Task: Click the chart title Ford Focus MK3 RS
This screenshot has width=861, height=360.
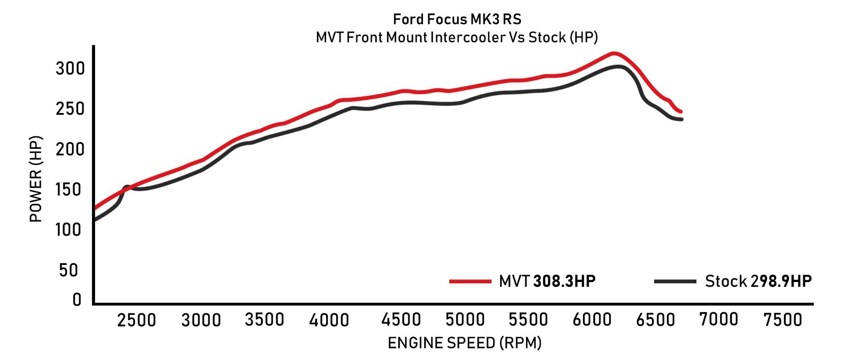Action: point(457,19)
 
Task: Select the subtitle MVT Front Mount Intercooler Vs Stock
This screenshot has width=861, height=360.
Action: point(457,37)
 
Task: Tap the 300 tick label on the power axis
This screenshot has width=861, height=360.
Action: point(70,69)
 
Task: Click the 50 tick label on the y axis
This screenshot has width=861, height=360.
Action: point(68,270)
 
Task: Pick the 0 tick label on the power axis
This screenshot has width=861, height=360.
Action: point(77,299)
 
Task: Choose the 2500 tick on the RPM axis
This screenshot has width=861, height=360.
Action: point(136,320)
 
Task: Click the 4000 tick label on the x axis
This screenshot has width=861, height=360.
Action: point(329,320)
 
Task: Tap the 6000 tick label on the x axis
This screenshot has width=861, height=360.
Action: point(592,320)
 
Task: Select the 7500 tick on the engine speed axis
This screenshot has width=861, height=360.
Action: point(783,320)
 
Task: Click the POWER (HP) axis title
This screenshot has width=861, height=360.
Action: point(36,179)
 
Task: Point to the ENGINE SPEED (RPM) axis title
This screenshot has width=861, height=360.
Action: point(464,343)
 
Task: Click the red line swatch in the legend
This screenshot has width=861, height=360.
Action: point(470,282)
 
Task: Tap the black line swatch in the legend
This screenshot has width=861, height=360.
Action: point(675,282)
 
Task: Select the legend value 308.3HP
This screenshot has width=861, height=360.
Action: point(564,282)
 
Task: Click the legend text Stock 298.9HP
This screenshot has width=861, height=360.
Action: point(758,282)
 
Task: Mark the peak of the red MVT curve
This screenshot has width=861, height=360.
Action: point(613,53)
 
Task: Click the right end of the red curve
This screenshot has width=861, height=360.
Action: point(680,112)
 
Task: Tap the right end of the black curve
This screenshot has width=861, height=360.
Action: point(681,119)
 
